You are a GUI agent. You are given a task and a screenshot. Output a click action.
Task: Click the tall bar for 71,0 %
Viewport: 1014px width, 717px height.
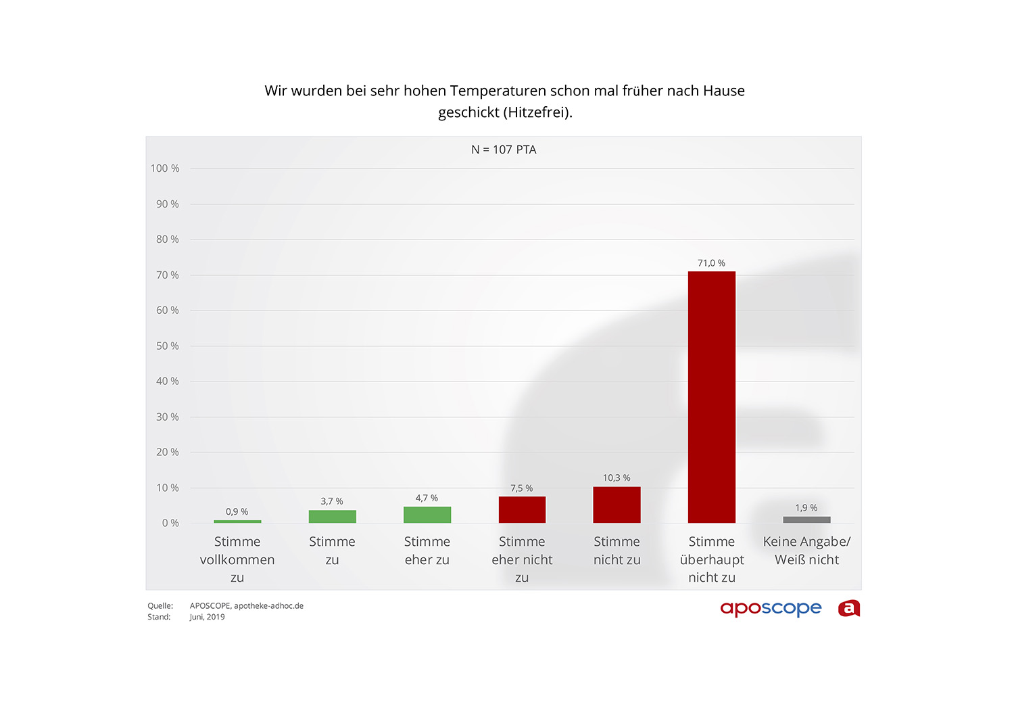coord(711,397)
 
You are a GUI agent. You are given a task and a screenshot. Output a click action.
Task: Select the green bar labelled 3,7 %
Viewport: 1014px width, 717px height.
coord(332,516)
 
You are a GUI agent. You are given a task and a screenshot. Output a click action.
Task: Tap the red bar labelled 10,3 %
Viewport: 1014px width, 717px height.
coord(617,505)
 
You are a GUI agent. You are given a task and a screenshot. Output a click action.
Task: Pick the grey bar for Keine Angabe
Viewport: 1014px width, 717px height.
coord(806,519)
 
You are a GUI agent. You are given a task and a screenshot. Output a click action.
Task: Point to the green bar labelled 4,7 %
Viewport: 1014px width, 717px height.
coord(427,515)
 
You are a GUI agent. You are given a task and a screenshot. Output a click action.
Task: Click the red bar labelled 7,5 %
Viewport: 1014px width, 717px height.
coord(522,509)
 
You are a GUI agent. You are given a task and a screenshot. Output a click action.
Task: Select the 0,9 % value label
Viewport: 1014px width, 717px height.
coord(237,512)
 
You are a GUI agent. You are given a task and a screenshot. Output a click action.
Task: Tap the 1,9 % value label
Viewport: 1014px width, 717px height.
coord(806,508)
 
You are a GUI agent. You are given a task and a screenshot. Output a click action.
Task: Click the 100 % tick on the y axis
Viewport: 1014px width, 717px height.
coord(165,168)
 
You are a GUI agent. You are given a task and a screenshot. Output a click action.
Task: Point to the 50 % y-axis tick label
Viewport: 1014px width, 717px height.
coord(168,346)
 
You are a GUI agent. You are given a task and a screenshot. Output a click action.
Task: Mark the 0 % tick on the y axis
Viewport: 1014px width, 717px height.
coord(170,523)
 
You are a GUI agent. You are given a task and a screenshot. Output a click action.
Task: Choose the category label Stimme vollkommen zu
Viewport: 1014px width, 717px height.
coord(237,559)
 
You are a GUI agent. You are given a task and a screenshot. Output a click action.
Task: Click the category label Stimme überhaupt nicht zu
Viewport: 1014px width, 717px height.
coord(711,559)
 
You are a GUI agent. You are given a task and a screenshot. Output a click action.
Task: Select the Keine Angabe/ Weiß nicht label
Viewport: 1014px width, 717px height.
coord(806,551)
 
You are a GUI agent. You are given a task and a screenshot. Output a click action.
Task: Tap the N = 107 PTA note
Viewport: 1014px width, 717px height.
coord(504,149)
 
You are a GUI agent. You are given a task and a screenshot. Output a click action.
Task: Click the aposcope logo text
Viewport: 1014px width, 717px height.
coord(771,608)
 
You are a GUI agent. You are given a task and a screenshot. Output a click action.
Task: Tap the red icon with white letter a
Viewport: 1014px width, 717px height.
coord(849,609)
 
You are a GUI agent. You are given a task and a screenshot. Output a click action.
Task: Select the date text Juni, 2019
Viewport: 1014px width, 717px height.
coord(207,617)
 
